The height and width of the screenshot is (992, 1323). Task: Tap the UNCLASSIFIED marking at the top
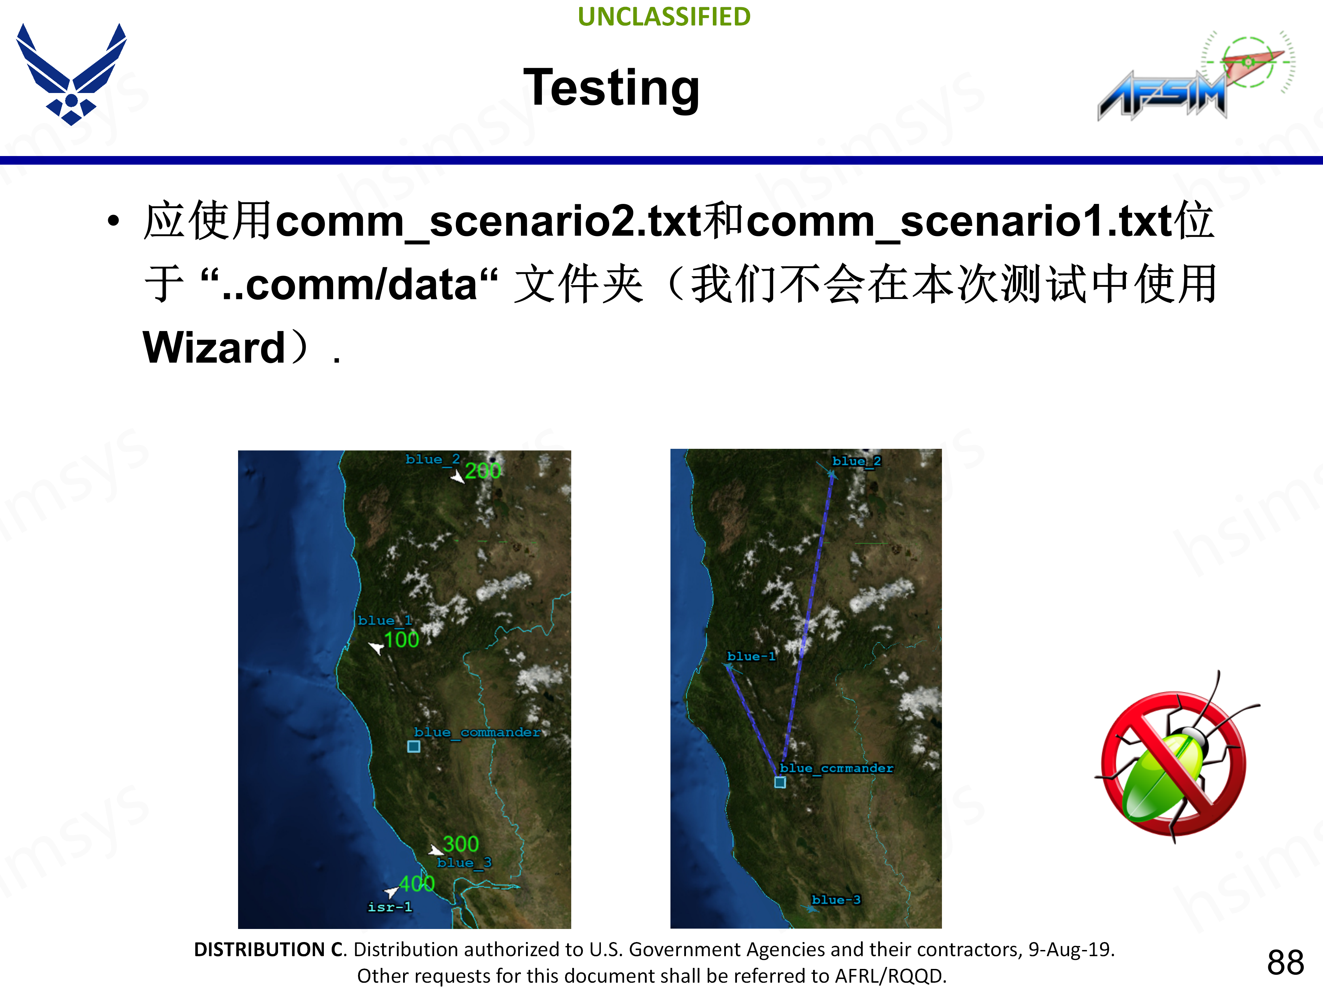(x=664, y=17)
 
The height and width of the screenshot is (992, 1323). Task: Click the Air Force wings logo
(x=71, y=74)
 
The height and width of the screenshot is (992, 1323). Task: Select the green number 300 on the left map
(x=461, y=844)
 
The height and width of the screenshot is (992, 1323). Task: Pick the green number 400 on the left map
(x=417, y=883)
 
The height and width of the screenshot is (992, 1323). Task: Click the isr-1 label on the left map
(x=390, y=907)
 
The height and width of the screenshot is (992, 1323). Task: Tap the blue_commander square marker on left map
(x=414, y=746)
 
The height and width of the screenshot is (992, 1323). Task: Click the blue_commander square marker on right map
(x=780, y=782)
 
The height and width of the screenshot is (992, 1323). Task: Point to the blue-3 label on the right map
(x=836, y=899)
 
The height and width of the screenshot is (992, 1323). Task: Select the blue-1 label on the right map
(x=751, y=656)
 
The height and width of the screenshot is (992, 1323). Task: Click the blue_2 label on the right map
(x=857, y=461)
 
